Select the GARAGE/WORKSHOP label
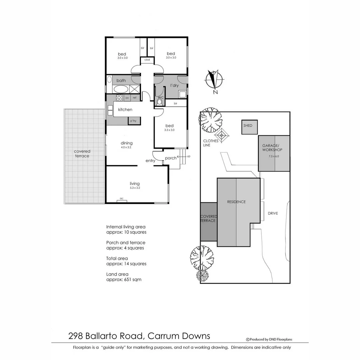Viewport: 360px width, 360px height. coord(273,148)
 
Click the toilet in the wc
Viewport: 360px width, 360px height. coord(159,102)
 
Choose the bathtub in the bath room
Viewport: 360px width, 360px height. coord(120,89)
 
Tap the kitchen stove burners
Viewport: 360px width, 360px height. coord(119,97)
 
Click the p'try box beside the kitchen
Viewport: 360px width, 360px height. coord(133,121)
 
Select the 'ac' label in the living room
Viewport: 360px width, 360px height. coord(121,199)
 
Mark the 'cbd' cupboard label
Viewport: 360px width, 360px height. coord(147,60)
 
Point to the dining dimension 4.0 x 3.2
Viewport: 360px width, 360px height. coord(127,147)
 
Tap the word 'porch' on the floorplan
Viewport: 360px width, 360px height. coord(171,158)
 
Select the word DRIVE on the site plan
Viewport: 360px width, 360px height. coord(273,213)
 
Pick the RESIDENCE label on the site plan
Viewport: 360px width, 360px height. coord(236,202)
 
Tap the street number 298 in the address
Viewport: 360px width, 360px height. coord(76,335)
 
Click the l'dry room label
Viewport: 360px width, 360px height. coord(174,86)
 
